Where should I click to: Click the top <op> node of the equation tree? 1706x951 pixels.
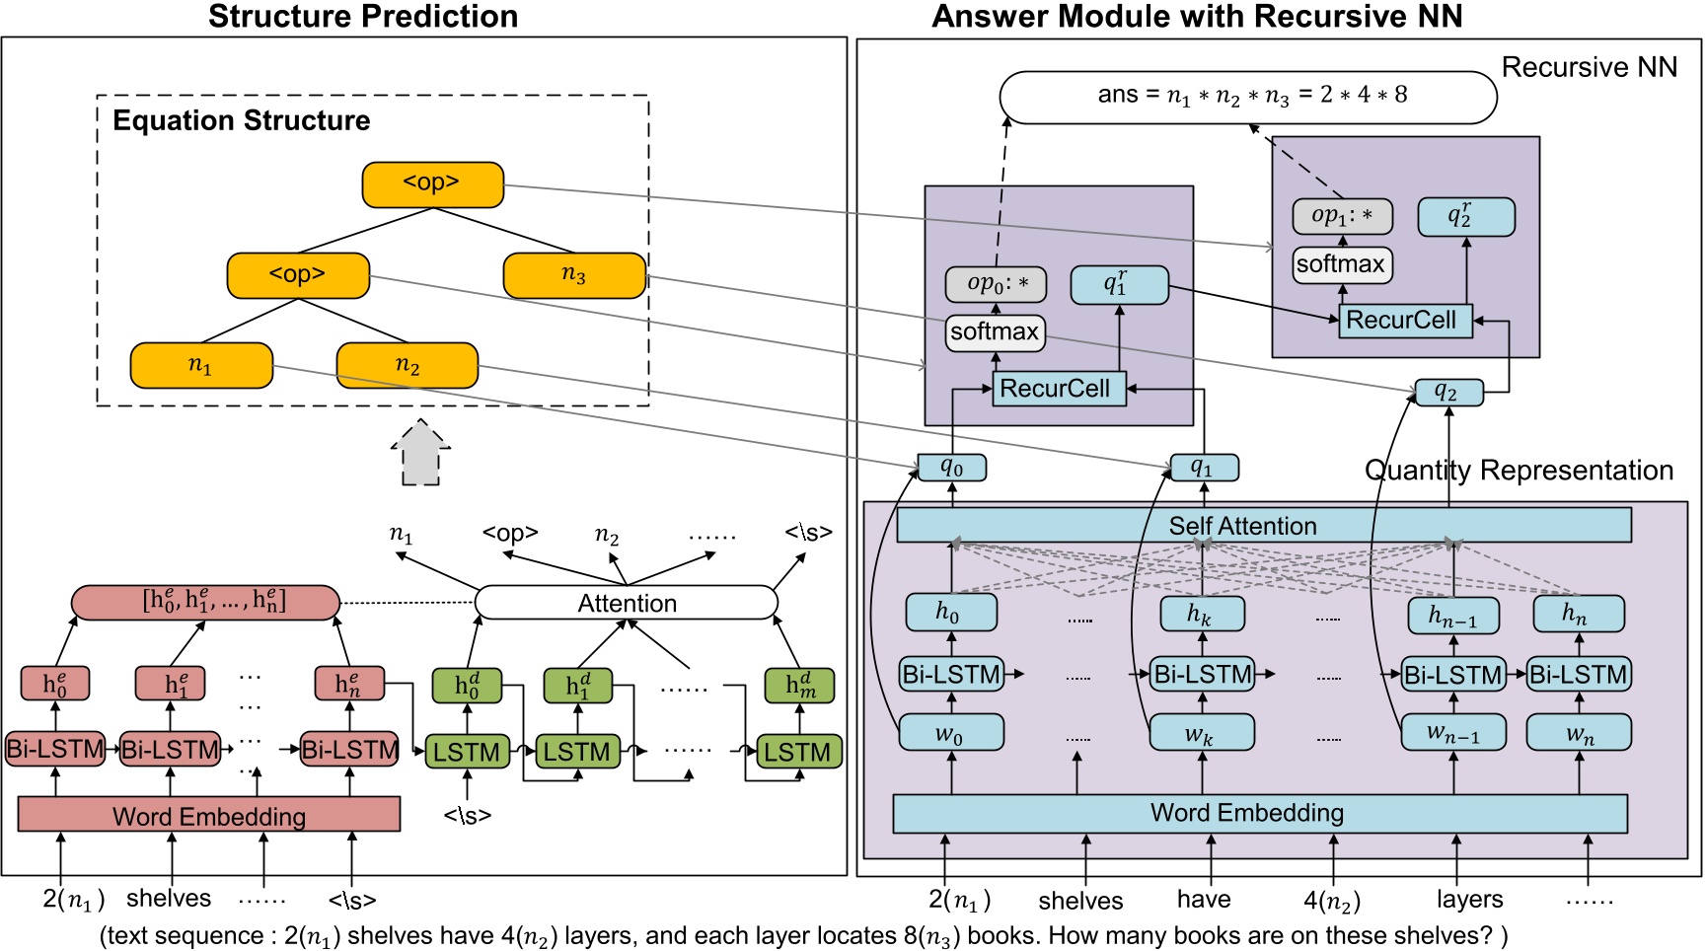(x=432, y=184)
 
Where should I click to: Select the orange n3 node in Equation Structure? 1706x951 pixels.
(x=574, y=275)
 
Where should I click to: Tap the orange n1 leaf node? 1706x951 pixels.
(x=201, y=365)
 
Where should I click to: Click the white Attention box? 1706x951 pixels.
(x=627, y=603)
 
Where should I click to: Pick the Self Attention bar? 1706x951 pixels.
(x=1263, y=526)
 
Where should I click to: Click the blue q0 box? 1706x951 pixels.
(x=951, y=468)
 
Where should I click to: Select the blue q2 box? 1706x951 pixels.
(x=1447, y=392)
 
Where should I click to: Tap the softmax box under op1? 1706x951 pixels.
(x=1342, y=264)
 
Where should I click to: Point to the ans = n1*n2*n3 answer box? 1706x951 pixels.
(x=1247, y=97)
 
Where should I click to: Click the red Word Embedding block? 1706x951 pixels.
(x=208, y=815)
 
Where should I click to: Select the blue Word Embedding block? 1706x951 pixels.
(x=1259, y=813)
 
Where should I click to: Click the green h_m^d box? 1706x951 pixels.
(x=799, y=686)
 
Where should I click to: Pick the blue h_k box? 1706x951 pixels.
(x=1201, y=614)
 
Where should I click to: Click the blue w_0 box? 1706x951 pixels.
(x=951, y=733)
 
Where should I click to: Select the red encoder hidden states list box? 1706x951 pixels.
(x=205, y=602)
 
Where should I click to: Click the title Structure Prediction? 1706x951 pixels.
(x=363, y=17)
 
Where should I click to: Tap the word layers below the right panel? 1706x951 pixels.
(x=1469, y=900)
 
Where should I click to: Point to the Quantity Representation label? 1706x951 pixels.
(x=1519, y=471)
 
